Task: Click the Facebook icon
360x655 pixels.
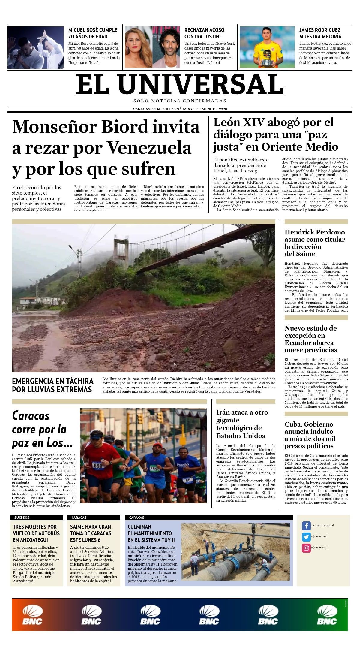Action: [x=306, y=526]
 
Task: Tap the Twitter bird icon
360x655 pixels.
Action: [x=306, y=537]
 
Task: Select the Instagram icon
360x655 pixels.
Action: [x=306, y=548]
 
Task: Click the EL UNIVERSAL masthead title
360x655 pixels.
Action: [x=180, y=84]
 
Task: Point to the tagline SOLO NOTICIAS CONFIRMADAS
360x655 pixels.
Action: [x=180, y=101]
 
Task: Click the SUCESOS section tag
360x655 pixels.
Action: [x=22, y=518]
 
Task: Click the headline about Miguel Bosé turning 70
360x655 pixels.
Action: [x=93, y=33]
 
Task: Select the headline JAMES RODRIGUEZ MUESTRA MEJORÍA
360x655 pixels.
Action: [x=320, y=33]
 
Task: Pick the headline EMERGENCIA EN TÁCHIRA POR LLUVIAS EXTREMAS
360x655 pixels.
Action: [x=53, y=385]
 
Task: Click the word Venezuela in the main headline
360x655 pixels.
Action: [x=149, y=148]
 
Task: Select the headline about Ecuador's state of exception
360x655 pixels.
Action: [x=311, y=339]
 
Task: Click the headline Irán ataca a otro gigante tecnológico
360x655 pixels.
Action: [x=242, y=424]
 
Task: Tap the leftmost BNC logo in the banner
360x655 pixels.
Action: [x=32, y=615]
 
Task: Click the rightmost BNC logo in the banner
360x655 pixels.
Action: [x=327, y=615]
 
